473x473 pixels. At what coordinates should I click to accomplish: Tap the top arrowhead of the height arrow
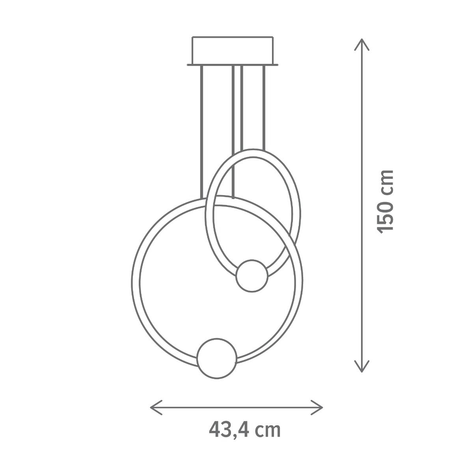point(362,45)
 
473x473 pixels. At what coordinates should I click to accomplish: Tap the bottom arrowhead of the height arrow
point(362,366)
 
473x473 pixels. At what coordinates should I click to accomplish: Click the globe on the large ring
point(217,358)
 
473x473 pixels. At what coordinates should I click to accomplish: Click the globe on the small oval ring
point(252,276)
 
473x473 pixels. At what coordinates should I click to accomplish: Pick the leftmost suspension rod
point(202,132)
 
